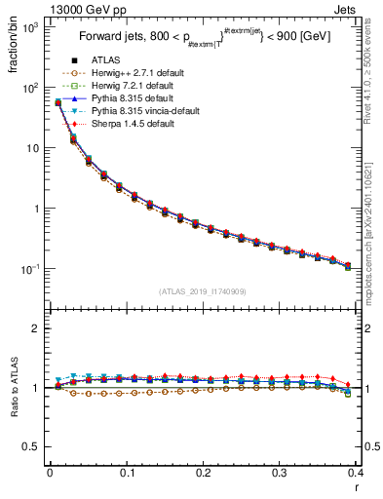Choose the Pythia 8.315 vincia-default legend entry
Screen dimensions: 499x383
145,112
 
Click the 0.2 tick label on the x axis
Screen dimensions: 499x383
203,473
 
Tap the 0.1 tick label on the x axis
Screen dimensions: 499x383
127,473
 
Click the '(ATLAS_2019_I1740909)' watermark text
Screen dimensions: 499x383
204,291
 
